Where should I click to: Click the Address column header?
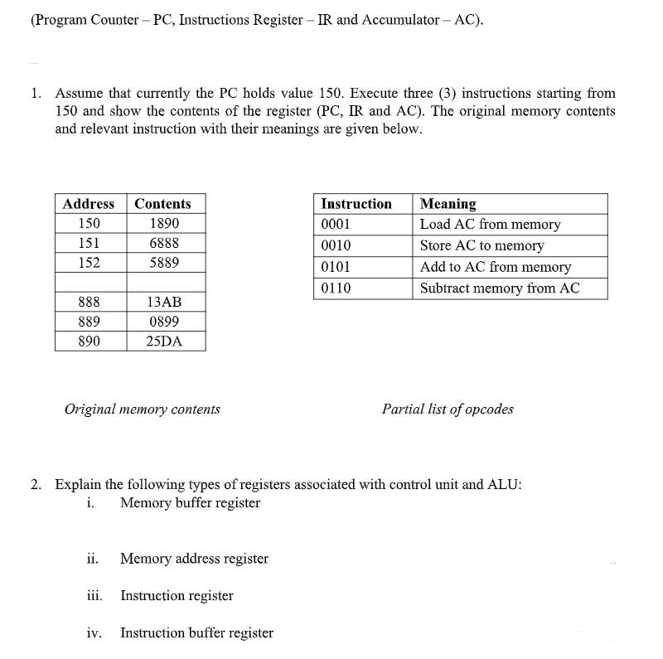tap(89, 204)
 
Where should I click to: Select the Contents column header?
tap(162, 204)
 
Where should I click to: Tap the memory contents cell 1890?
tap(164, 224)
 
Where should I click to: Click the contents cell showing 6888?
tap(164, 244)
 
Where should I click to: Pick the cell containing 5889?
tap(164, 263)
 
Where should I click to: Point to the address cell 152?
tap(89, 263)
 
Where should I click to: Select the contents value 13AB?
tap(164, 303)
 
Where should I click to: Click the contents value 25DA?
tap(164, 342)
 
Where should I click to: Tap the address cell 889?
tap(89, 322)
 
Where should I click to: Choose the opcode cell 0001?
tap(336, 225)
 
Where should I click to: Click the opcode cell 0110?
tap(336, 288)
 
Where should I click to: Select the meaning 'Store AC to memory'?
tap(482, 246)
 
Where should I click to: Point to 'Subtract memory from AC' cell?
tap(499, 288)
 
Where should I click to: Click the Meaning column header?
tap(448, 204)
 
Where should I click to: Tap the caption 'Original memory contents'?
tap(143, 409)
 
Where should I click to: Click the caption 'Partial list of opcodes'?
tap(448, 409)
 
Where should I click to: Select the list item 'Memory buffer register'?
tap(190, 503)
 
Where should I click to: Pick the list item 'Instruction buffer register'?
tap(196, 633)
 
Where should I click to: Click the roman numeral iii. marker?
tap(94, 596)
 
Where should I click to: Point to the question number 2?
tap(36, 485)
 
